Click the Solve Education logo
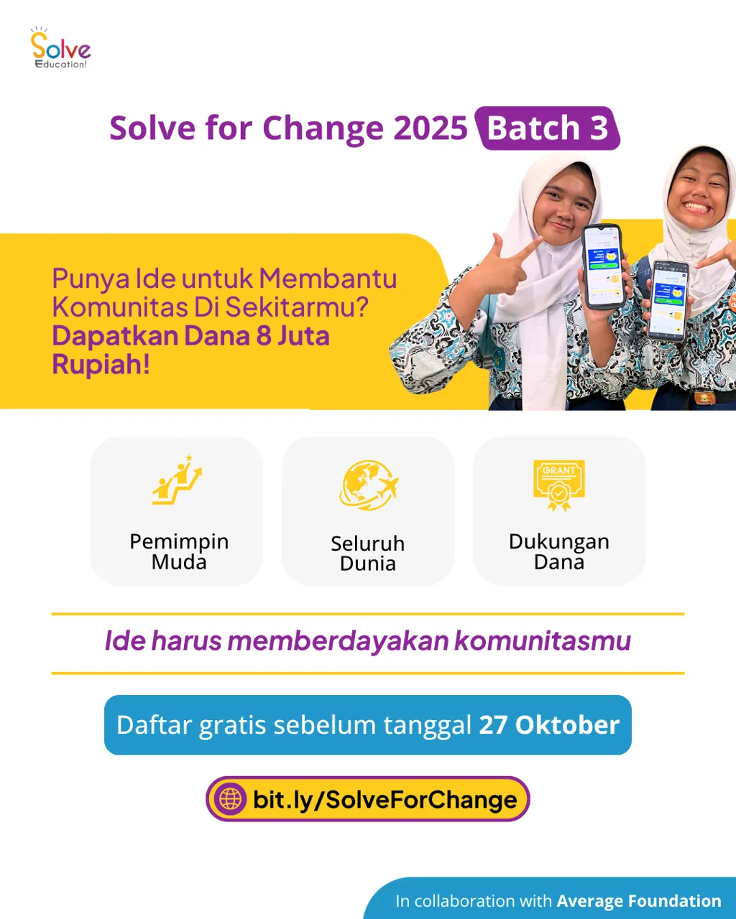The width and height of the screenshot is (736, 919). coord(60,49)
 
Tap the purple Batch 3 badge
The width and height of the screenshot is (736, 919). coord(548,129)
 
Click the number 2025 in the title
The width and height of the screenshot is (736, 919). coord(431,129)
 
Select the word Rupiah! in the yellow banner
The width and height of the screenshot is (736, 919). coord(101,364)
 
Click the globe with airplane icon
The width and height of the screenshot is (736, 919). coord(368,485)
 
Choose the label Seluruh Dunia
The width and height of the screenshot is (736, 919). coord(368,553)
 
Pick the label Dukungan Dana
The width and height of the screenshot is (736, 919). coord(559,551)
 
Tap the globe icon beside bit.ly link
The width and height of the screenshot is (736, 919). coord(231,799)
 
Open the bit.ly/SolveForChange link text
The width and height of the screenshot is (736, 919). coord(385,800)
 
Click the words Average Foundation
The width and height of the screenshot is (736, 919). coord(639,901)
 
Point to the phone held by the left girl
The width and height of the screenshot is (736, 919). coord(602,266)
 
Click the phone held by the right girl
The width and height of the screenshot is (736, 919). coord(668,299)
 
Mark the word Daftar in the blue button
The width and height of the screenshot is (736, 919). coord(154,725)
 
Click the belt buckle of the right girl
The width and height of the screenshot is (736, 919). coord(707,397)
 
